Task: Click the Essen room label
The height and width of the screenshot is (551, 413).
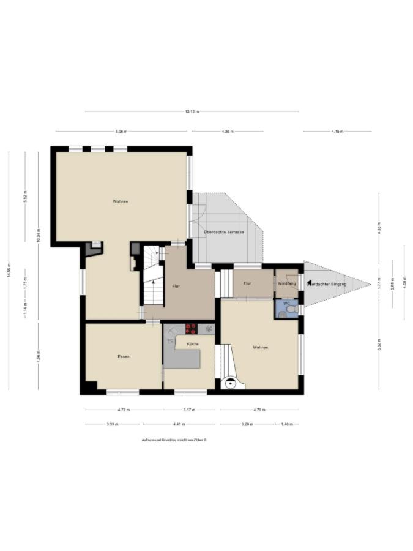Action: point(123,356)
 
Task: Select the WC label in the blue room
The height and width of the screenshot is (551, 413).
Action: point(286,303)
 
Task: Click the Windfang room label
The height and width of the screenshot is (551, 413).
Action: point(286,283)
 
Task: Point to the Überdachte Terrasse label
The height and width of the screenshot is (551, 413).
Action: point(224,233)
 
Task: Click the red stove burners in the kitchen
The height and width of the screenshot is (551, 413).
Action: point(191,329)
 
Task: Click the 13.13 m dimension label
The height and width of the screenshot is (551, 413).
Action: point(192,111)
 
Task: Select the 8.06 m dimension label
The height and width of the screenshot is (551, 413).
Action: point(121,131)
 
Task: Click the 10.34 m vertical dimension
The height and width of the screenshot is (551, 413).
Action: point(38,236)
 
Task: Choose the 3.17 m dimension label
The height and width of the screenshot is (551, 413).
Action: point(188,410)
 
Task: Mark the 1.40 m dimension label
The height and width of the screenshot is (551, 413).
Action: point(286,424)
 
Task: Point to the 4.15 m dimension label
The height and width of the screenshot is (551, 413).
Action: point(337,131)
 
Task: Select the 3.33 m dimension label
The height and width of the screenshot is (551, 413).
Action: point(112,424)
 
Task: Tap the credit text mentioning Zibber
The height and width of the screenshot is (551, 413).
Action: point(174,440)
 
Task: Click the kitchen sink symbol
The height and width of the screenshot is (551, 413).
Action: point(171,340)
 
